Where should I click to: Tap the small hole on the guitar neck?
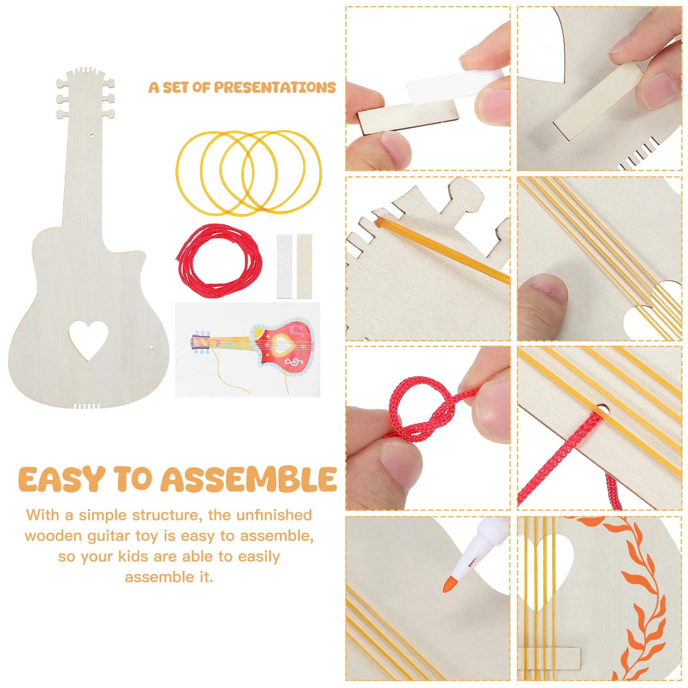[x=92, y=136]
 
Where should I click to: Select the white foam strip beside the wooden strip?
[x=284, y=266]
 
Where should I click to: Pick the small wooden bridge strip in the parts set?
[x=304, y=266]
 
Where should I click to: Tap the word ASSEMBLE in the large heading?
[x=249, y=479]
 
